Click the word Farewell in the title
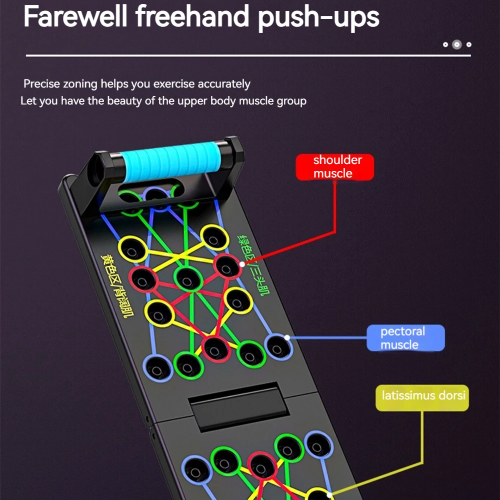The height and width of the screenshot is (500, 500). pos(74,16)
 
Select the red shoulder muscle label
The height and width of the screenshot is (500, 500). pos(334,166)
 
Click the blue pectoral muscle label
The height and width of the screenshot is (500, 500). pos(405,338)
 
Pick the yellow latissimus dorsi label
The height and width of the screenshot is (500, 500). pos(422,396)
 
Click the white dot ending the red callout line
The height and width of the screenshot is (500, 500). pos(242,263)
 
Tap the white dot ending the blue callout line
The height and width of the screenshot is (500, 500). pos(287,337)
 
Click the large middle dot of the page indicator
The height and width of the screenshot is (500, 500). pos(456,44)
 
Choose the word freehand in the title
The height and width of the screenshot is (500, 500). pos(192,16)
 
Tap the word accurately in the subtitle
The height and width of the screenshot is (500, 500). pos(224,84)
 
